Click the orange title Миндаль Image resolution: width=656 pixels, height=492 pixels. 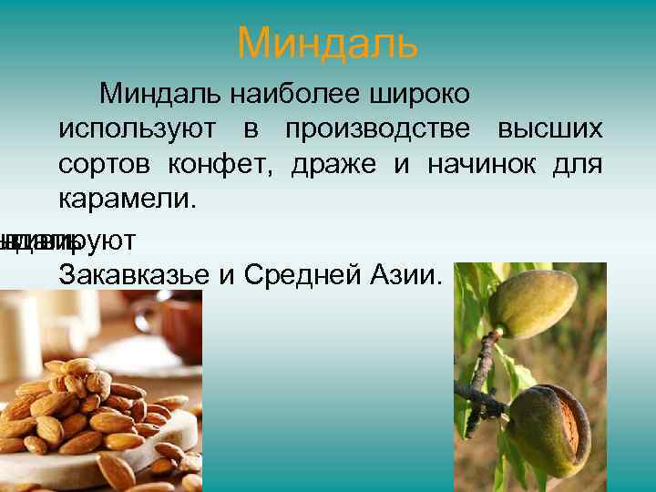[327, 43]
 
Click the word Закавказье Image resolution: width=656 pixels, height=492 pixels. [133, 274]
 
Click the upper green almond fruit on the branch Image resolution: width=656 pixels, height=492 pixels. [533, 304]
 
